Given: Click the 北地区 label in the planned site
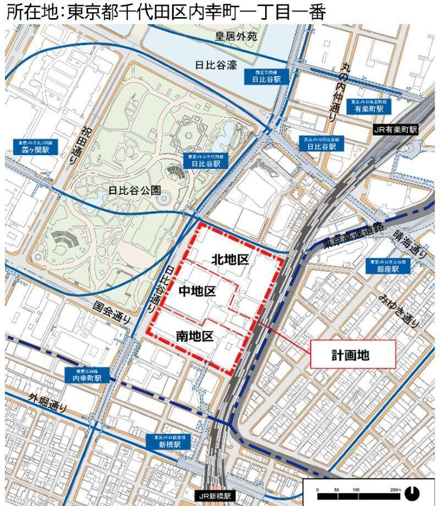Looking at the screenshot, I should coord(230,260).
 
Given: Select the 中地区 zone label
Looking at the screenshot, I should coord(197,291).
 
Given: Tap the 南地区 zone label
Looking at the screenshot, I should coord(194,335).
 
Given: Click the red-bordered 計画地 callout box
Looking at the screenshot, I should coord(354,354).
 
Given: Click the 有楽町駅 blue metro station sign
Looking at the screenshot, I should coord(368,106).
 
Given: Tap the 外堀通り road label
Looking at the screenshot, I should coord(48,403).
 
